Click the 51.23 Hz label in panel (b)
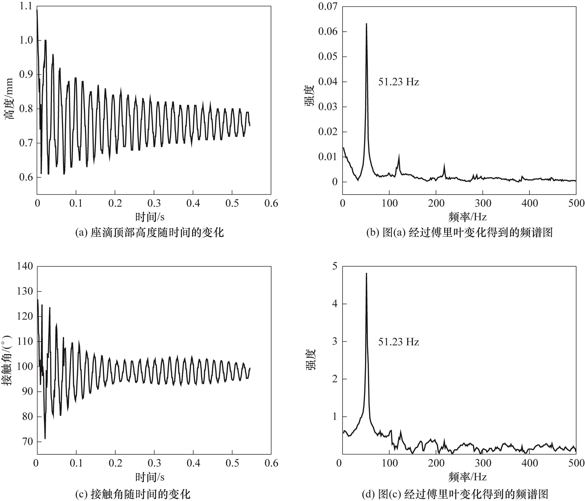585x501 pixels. (398, 82)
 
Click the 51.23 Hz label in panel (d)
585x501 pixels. (398, 342)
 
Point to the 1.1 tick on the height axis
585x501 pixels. (26, 6)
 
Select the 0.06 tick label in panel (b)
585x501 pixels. (328, 31)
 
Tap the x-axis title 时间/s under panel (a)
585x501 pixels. (150, 217)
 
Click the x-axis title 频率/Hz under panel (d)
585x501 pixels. (467, 477)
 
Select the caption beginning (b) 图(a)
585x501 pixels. (459, 232)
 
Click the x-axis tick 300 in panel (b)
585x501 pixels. (483, 203)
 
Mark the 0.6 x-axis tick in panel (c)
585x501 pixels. (271, 463)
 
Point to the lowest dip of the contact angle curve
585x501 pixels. (45, 439)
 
